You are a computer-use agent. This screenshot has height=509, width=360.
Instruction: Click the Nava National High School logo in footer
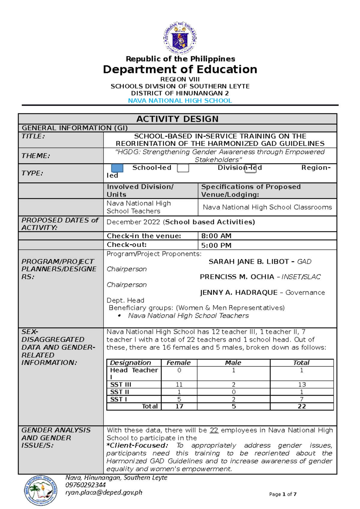[x=40, y=490]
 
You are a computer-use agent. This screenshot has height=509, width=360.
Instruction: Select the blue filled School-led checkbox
[x=117, y=168]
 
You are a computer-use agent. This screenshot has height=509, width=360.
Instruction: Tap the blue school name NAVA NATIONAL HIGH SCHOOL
[x=180, y=101]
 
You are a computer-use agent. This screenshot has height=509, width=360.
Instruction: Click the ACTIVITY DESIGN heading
[x=177, y=119]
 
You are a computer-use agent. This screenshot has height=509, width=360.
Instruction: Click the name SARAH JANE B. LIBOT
[x=249, y=262]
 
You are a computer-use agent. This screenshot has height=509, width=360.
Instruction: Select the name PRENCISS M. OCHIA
[x=237, y=277]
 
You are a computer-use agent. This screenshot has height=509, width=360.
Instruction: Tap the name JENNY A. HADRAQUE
[x=239, y=293]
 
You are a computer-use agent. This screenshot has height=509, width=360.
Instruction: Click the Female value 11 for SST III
[x=179, y=385]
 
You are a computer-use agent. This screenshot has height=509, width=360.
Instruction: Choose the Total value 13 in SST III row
[x=302, y=385]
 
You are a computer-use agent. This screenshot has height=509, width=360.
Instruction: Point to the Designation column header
[x=130, y=363]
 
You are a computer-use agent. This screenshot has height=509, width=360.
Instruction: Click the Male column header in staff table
[x=233, y=363]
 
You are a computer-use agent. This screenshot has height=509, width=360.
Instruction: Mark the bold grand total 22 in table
[x=302, y=406]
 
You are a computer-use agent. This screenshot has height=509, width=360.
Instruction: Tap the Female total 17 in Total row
[x=179, y=406]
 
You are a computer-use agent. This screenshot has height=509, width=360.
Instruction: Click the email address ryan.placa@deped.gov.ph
[x=104, y=493]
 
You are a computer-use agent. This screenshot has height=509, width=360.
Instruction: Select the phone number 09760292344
[x=85, y=485]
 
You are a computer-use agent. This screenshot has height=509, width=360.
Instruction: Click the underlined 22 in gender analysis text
[x=214, y=430]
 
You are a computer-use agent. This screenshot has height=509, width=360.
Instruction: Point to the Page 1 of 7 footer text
[x=283, y=494]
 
